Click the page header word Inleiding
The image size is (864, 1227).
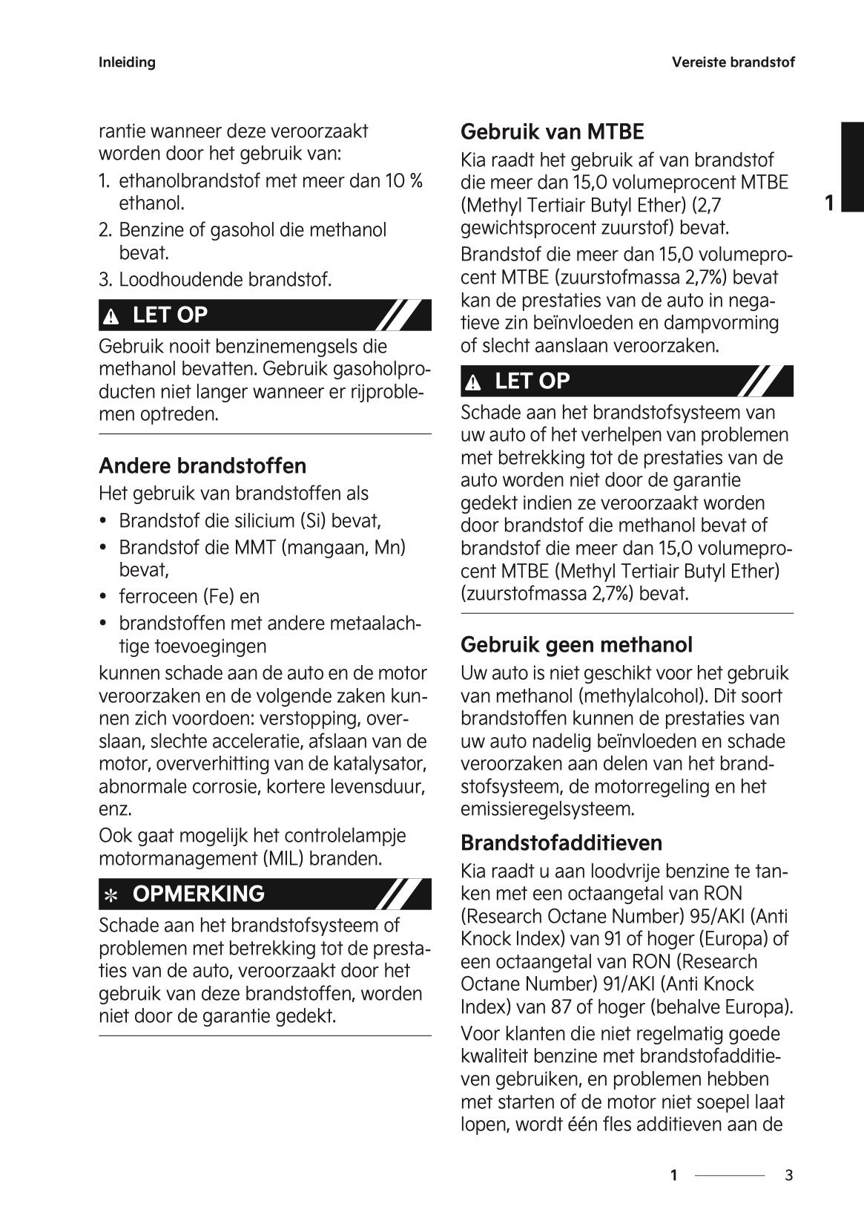click(x=127, y=62)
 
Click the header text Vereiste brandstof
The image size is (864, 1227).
click(x=733, y=62)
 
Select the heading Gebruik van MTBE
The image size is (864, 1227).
click(x=552, y=132)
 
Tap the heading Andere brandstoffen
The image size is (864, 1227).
click(x=202, y=466)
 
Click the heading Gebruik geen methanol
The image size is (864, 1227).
click(x=576, y=644)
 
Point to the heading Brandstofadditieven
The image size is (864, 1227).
click(x=561, y=843)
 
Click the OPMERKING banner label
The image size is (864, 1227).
click(x=198, y=894)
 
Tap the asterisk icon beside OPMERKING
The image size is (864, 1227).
click(x=111, y=895)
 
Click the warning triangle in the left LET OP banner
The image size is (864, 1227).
click(x=111, y=317)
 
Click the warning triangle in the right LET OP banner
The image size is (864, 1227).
click(x=473, y=383)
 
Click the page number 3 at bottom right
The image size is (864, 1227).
click(x=788, y=1175)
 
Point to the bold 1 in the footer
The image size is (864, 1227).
click(x=673, y=1175)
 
